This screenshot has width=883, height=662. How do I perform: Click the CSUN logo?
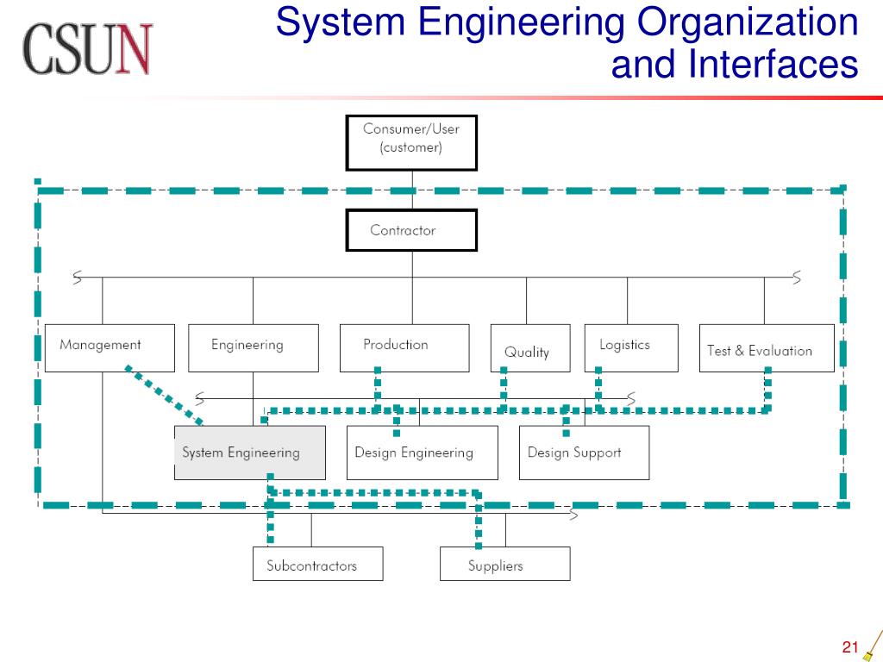pyautogui.click(x=88, y=48)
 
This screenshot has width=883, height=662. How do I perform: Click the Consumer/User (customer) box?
pyautogui.click(x=411, y=142)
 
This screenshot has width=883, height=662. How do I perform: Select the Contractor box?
pyautogui.click(x=411, y=230)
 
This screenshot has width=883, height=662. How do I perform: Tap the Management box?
pyautogui.click(x=110, y=347)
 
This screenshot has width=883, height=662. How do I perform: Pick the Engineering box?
pyautogui.click(x=253, y=347)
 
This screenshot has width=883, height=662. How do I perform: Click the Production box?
pyautogui.click(x=404, y=347)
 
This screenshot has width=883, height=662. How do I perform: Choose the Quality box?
pyautogui.click(x=529, y=348)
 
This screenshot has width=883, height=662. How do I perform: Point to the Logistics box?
pyautogui.click(x=630, y=347)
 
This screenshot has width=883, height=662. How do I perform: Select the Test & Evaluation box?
pyautogui.click(x=766, y=347)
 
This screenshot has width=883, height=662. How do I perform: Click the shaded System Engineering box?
pyautogui.click(x=249, y=453)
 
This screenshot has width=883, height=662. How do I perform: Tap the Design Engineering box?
pyautogui.click(x=422, y=453)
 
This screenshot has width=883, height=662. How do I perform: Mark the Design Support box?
pyautogui.click(x=584, y=453)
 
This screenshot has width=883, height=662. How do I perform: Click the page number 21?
pyautogui.click(x=851, y=647)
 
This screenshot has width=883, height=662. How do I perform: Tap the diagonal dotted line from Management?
pyautogui.click(x=164, y=395)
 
